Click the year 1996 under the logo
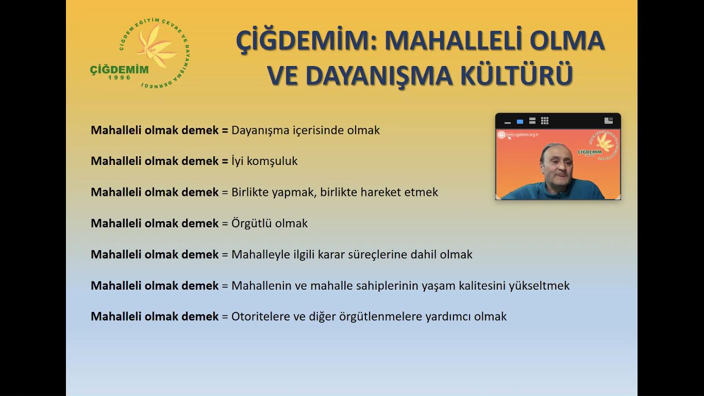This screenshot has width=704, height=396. [120, 77]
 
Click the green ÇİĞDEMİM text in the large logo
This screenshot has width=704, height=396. [119, 70]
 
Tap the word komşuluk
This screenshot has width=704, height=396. [272, 161]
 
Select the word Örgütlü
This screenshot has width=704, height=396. [252, 223]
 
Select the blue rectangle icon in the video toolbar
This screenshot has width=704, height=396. [520, 121]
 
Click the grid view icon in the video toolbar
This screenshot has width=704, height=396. [545, 121]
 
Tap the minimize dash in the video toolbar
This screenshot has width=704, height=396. [507, 123]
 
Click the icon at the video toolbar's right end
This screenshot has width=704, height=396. [609, 121]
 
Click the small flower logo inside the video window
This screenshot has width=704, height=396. [604, 143]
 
